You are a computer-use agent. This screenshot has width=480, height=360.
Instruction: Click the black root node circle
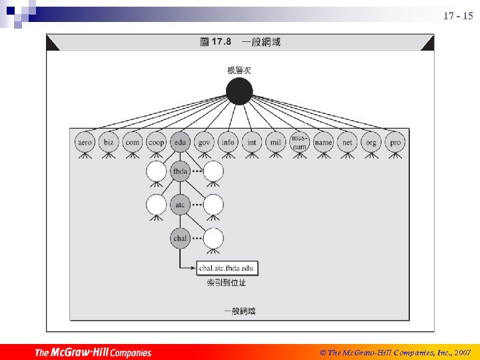click(x=239, y=91)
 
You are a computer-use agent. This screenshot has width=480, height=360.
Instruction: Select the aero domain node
click(x=85, y=142)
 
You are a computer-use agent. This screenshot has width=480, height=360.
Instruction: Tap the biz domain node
click(x=109, y=142)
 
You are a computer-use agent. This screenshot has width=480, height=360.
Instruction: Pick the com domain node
click(x=133, y=142)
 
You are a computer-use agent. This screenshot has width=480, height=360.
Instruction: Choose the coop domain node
click(x=156, y=142)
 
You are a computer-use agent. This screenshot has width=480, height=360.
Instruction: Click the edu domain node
click(x=180, y=142)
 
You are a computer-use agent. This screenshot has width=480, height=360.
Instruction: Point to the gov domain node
click(x=204, y=142)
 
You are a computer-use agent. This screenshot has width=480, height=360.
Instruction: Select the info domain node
click(x=228, y=142)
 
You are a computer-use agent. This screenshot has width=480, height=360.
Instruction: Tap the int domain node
click(x=251, y=142)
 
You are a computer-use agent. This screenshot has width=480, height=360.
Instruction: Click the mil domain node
click(x=275, y=142)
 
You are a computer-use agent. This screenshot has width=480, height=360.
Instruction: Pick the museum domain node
click(x=299, y=142)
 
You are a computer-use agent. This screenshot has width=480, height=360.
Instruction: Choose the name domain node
click(x=323, y=142)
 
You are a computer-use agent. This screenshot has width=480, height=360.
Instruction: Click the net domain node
click(x=347, y=142)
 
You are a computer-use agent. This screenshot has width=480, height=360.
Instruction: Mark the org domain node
click(x=371, y=142)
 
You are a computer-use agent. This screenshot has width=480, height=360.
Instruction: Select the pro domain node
click(x=395, y=142)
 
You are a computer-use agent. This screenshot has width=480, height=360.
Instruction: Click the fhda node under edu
click(x=180, y=171)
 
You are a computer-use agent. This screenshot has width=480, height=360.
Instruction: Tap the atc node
click(x=180, y=204)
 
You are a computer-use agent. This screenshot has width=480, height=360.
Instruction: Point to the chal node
click(x=180, y=238)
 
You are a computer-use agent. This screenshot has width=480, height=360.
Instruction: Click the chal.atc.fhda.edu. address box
click(x=227, y=269)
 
